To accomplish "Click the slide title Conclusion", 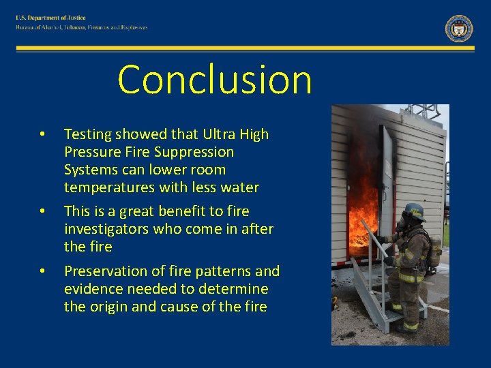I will (215, 80).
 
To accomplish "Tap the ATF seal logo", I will (459, 29).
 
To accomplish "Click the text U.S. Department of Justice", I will (51, 18).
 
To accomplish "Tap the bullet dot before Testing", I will (42, 134).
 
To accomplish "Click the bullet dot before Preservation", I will (42, 271).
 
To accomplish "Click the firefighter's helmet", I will (413, 211).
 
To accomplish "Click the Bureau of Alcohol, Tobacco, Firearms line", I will (82, 28).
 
